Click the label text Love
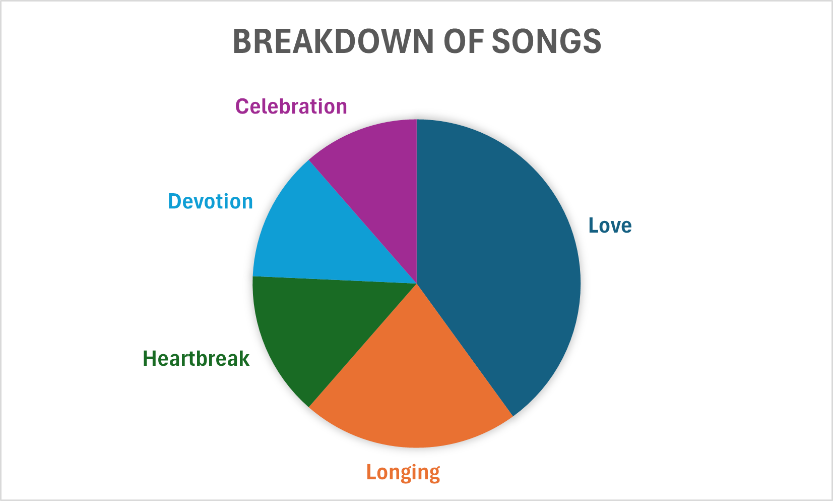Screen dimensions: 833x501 pos(610,226)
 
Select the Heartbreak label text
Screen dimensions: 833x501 pos(196,359)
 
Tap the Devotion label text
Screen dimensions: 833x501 pos(210,201)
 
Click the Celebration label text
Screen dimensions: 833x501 pos(291,106)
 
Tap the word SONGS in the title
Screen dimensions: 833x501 pos(547,41)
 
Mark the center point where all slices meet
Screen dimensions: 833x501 pos(416,284)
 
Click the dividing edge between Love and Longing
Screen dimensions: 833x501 pos(465,350)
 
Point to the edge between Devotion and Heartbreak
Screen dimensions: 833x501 pos(335,280)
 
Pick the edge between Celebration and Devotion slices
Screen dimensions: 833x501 pos(362,222)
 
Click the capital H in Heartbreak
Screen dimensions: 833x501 pos(150,359)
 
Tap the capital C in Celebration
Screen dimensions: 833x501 pos(242,106)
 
